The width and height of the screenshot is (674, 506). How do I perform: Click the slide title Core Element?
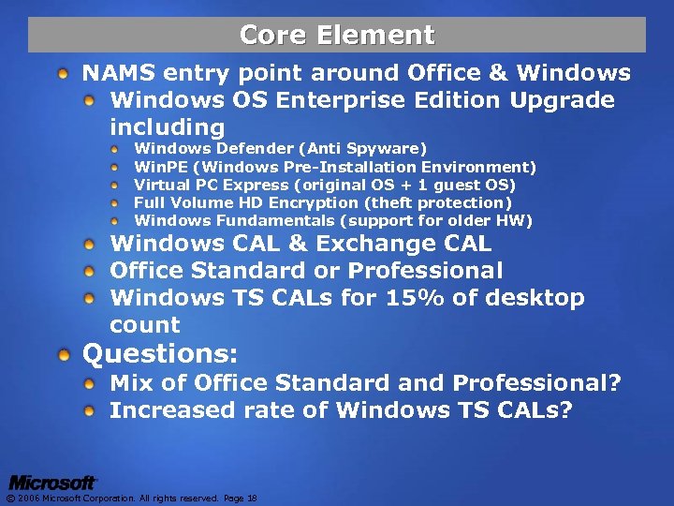click(337, 35)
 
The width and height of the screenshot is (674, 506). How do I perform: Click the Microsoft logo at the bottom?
click(52, 483)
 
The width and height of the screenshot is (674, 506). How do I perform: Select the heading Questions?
click(161, 354)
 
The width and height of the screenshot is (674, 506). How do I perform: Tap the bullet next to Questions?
click(62, 355)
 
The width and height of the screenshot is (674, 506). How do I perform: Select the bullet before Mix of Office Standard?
click(90, 383)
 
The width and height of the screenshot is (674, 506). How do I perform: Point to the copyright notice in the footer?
click(131, 498)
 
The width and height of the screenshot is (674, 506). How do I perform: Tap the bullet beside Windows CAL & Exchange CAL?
click(90, 245)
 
